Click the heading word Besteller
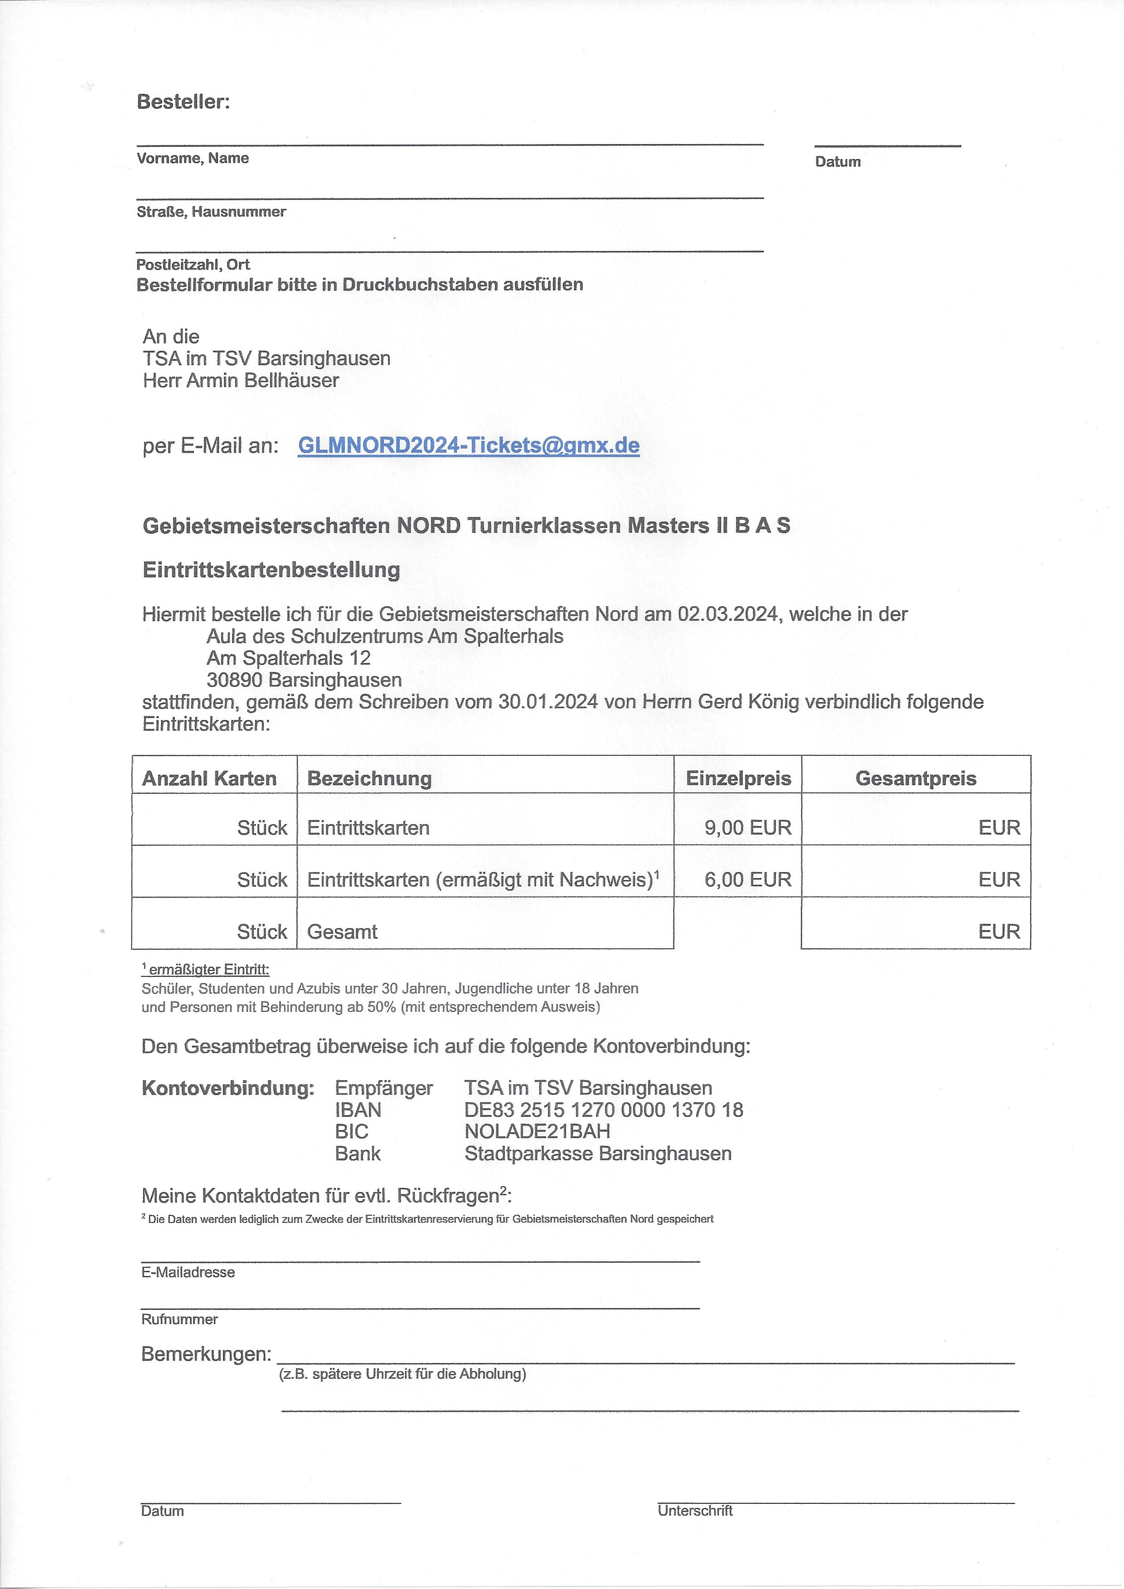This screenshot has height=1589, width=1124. click(x=183, y=102)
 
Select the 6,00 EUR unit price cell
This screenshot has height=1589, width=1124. click(x=747, y=879)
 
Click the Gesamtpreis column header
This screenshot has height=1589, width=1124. click(x=915, y=778)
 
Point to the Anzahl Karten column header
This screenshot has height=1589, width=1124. click(x=209, y=778)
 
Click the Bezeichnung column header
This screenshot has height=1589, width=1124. click(x=369, y=778)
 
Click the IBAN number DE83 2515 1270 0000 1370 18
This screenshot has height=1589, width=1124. click(x=604, y=1109)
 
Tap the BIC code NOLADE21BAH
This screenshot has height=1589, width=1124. click(x=537, y=1131)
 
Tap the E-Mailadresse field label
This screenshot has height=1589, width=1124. click(x=188, y=1272)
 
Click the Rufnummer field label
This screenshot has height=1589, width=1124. click(x=179, y=1319)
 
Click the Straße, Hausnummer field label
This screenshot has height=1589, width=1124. click(x=211, y=212)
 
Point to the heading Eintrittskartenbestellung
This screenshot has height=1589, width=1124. click(x=271, y=570)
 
